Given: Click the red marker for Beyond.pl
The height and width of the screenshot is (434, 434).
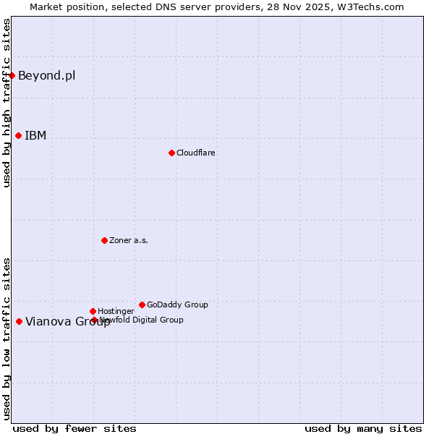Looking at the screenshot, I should [12, 75].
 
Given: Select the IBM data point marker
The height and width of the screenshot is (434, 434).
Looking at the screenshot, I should [18, 135].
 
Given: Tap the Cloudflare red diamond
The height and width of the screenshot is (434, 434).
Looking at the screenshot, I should [171, 153].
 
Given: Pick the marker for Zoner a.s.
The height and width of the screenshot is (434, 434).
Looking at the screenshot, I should [104, 240].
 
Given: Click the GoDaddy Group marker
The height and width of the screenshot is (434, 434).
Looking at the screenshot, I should [142, 305].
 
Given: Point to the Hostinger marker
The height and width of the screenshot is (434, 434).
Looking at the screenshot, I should [93, 311].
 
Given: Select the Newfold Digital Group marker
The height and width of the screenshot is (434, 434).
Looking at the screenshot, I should [94, 320].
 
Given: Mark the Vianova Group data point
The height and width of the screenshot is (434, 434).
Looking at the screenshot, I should [19, 321].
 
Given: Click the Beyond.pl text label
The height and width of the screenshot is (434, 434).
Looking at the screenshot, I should [46, 75].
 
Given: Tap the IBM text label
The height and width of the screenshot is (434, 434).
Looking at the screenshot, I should [35, 135].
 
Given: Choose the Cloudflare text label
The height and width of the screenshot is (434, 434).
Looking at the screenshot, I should [196, 153].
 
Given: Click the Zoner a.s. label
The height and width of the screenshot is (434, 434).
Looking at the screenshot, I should [129, 240].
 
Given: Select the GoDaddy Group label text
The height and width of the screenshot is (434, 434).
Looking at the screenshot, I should [177, 305].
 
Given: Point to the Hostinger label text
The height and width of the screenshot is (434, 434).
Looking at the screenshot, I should [116, 311].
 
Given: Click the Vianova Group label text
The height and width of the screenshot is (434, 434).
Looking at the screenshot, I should [68, 322].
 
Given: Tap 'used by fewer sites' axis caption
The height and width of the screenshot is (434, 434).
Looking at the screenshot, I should [75, 428].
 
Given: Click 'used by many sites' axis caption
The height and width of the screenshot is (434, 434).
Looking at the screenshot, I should [363, 428].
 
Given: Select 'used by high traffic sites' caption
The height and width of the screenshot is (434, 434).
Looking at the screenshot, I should [7, 103].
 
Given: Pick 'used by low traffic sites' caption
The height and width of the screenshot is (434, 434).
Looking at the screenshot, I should [7, 338].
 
